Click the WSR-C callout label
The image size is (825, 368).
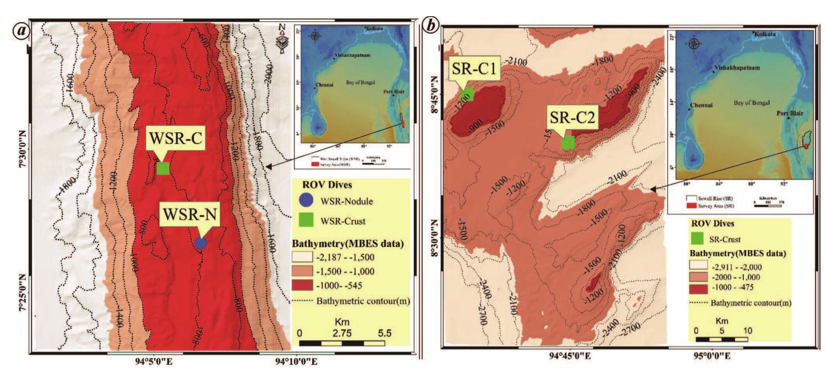tap(175, 138)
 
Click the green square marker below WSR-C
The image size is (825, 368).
tap(163, 168)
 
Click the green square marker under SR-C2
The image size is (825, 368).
tap(568, 142)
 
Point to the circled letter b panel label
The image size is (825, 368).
tap(431, 26)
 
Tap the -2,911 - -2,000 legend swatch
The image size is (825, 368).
tap(698, 266)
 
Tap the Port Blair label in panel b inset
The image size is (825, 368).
tap(789, 113)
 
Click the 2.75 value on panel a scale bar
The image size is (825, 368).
tap(342, 333)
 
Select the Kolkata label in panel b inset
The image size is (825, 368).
tap(765, 34)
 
